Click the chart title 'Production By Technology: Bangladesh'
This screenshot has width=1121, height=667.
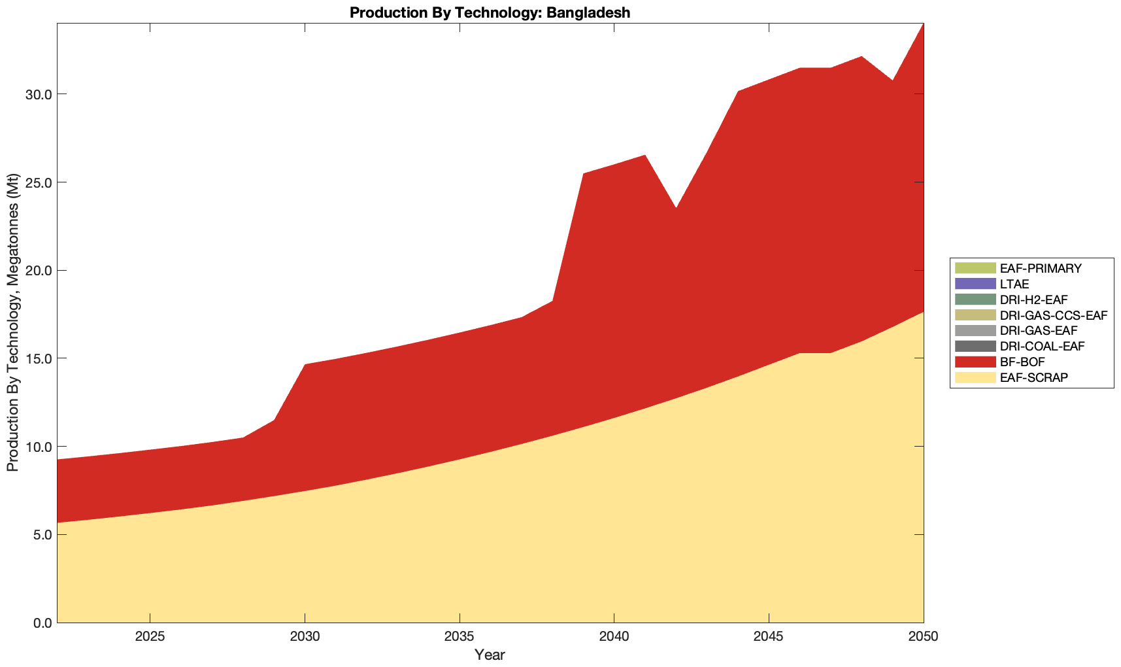tap(490, 12)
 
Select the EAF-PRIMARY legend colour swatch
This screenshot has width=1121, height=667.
tap(975, 268)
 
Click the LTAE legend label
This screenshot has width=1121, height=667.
tap(1014, 284)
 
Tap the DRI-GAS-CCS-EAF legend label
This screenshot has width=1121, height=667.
tap(1053, 315)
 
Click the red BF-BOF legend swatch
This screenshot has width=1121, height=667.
tap(975, 362)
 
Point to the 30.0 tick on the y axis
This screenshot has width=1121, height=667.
tap(39, 94)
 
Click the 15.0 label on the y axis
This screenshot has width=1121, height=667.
tap(39, 358)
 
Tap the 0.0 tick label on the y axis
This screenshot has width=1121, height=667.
tap(42, 623)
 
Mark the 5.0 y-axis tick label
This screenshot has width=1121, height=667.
tap(42, 534)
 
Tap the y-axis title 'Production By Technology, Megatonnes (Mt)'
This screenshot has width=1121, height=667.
tap(12, 322)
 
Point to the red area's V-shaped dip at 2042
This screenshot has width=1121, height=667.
tap(676, 211)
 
